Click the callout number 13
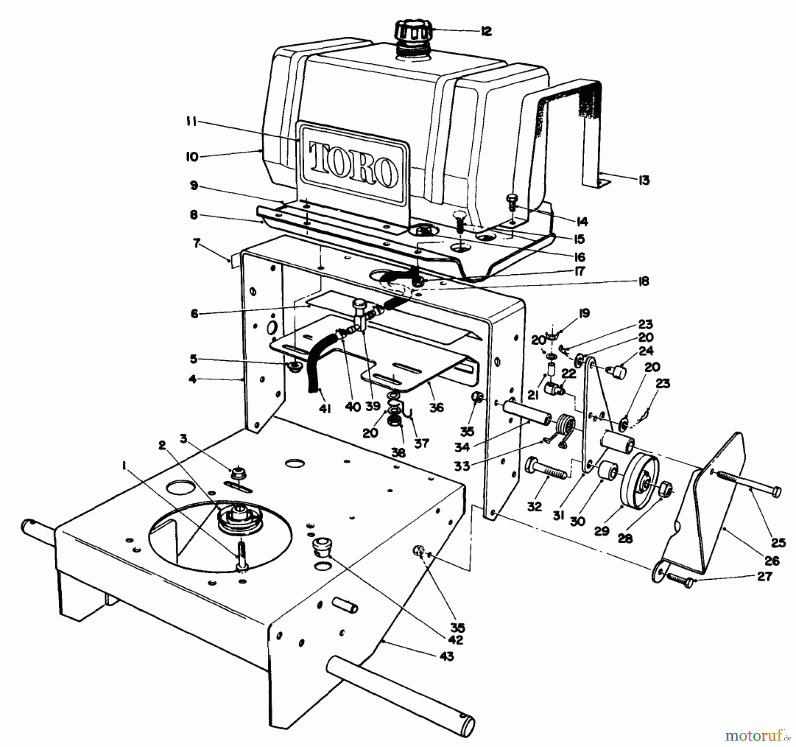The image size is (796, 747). point(644,180)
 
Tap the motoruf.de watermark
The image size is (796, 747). point(757,735)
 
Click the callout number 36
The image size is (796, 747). point(436,408)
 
